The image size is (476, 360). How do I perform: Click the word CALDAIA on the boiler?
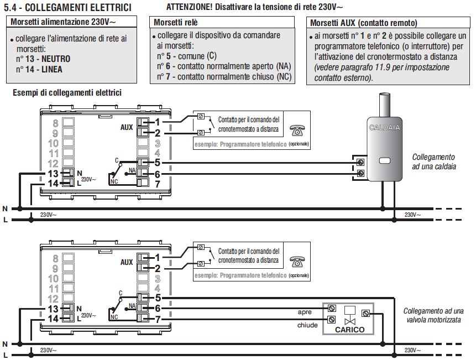click(385, 128)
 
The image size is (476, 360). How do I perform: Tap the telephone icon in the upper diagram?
click(297, 130)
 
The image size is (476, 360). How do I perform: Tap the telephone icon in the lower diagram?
click(297, 262)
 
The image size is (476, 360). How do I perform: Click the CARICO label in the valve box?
click(350, 330)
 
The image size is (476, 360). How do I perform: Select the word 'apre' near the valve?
click(305, 312)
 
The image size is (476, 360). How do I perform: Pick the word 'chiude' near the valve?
click(307, 325)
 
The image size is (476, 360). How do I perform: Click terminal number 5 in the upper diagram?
click(157, 163)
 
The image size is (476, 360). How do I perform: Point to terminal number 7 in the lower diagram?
click(158, 319)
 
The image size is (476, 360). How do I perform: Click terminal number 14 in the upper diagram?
click(53, 184)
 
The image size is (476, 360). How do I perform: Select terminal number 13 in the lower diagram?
click(53, 309)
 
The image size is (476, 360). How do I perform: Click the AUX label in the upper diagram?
click(127, 128)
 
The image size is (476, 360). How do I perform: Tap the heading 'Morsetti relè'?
click(176, 23)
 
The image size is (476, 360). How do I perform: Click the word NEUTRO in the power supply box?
click(56, 59)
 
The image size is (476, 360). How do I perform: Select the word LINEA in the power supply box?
click(52, 70)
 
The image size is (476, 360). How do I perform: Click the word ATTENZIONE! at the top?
click(190, 7)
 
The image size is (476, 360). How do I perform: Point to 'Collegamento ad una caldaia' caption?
click(434, 162)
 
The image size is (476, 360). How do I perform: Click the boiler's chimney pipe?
click(384, 105)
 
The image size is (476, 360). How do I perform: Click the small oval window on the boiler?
click(384, 161)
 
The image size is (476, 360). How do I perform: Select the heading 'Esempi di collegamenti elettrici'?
click(67, 92)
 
